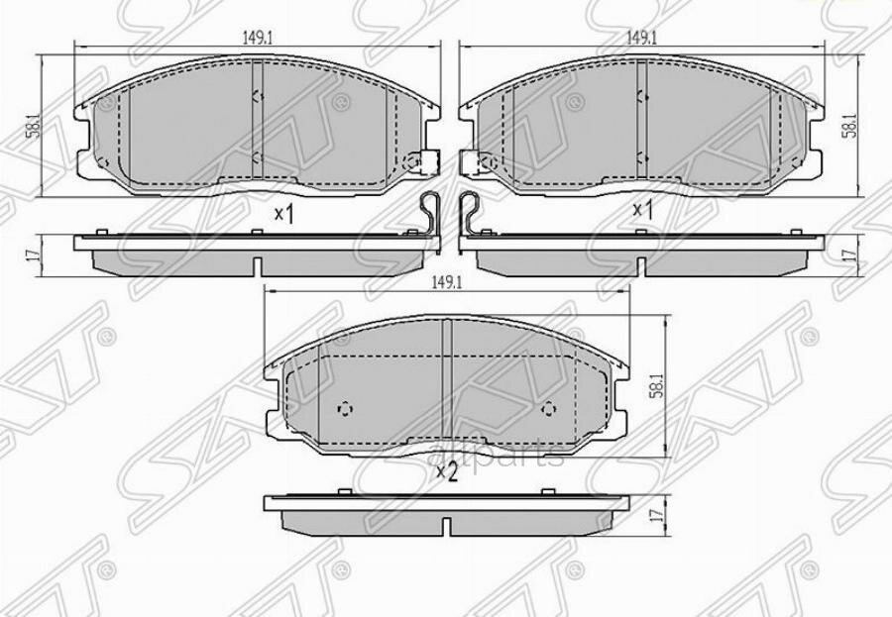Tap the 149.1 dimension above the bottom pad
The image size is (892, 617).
[444, 282]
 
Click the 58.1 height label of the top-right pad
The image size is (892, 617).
[847, 126]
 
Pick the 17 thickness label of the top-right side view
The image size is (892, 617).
[847, 255]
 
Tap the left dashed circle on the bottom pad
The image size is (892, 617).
[345, 409]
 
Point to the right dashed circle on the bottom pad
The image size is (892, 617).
[549, 409]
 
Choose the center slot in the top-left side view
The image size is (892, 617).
[257, 264]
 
